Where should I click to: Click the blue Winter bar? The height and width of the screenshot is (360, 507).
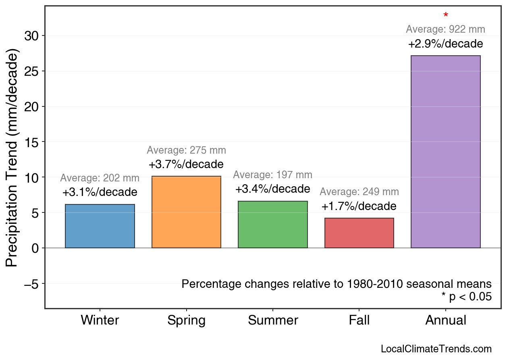(x=100, y=226)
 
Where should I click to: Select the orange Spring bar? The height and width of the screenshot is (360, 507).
(x=186, y=212)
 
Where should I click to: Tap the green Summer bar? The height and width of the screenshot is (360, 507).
(x=273, y=225)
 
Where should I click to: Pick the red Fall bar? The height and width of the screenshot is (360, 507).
(x=359, y=233)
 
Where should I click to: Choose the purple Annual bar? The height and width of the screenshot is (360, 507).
(x=445, y=152)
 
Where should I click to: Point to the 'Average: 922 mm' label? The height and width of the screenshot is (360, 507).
(x=445, y=29)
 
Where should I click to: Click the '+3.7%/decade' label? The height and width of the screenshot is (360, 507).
(x=186, y=164)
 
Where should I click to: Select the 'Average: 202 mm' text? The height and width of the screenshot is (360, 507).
(x=100, y=178)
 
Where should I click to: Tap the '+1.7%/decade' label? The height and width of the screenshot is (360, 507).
(x=359, y=206)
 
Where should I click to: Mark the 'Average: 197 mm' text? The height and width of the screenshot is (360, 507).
(x=273, y=175)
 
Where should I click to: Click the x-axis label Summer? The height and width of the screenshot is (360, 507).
(x=273, y=320)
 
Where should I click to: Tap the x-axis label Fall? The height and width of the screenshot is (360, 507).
(x=359, y=320)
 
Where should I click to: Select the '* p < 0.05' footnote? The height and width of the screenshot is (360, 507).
(x=467, y=297)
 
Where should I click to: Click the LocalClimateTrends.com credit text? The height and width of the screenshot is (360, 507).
(x=436, y=349)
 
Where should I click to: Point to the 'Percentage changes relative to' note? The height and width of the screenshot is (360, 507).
(x=337, y=284)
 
